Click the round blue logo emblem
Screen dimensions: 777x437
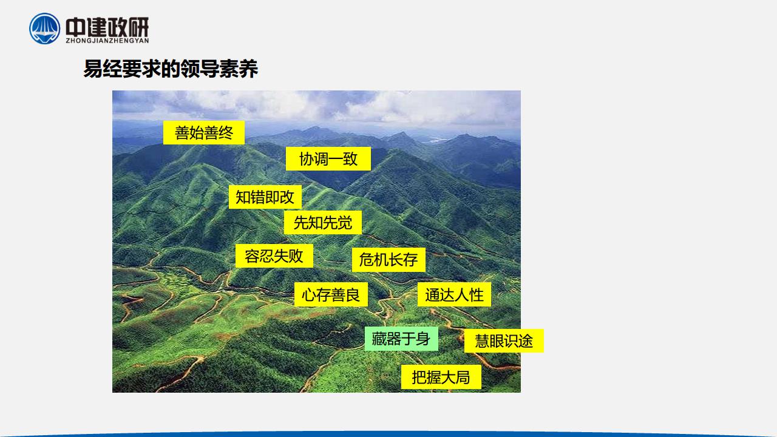[x=44, y=29]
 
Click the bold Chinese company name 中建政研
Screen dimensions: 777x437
[x=107, y=27]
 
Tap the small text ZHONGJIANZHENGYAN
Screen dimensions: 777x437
[x=107, y=41]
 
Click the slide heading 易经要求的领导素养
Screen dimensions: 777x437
[x=171, y=69]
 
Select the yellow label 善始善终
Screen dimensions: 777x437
[x=204, y=132]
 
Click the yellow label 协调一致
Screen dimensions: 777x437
[x=328, y=159]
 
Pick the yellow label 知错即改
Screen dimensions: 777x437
[x=265, y=197]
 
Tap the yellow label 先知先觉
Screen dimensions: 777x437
[x=322, y=222]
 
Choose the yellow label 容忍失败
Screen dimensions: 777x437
[x=274, y=256]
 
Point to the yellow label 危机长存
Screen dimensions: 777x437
[x=388, y=260]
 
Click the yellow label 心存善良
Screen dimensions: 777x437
[x=331, y=294]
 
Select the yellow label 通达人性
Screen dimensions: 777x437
[x=454, y=294]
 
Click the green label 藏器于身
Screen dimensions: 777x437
[x=401, y=339]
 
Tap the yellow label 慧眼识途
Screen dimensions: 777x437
[x=504, y=340]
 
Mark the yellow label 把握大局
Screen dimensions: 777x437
[x=441, y=377]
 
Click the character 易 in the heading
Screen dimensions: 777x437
[x=93, y=69]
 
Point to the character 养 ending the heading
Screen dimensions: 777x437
[x=248, y=69]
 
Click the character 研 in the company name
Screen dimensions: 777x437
[x=139, y=27]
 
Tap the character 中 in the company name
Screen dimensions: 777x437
[x=75, y=27]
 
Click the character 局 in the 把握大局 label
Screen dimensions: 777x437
[x=463, y=378]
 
